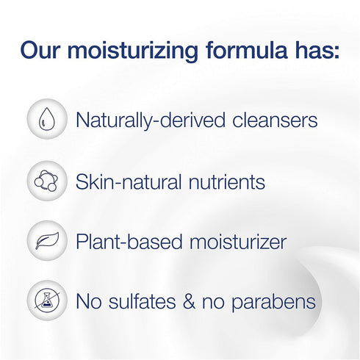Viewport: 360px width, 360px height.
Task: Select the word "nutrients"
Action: pos(223,181)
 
